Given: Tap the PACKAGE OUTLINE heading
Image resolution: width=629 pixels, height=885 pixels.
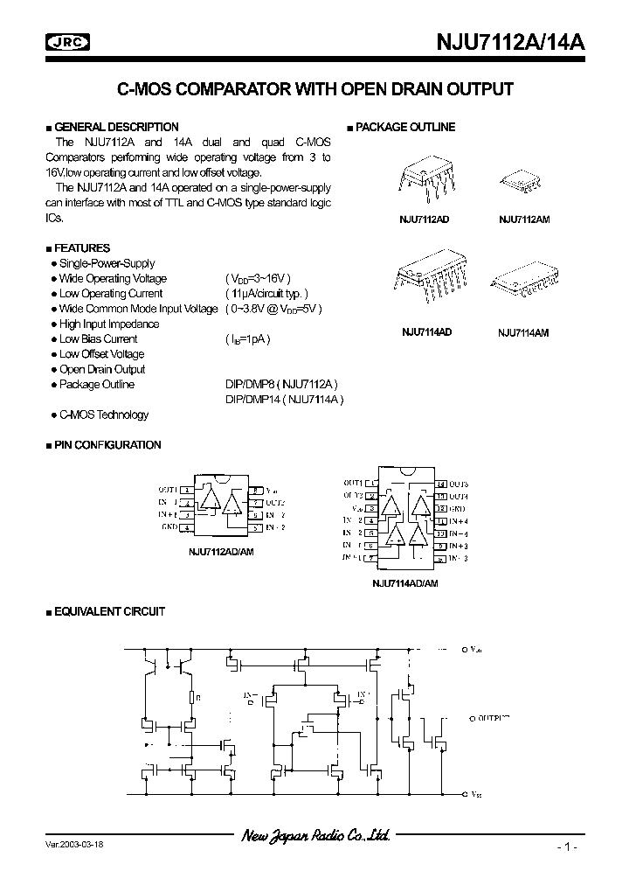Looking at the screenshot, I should [x=404, y=128].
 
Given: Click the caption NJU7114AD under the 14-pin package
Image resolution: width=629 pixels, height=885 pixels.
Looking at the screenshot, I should [x=426, y=332].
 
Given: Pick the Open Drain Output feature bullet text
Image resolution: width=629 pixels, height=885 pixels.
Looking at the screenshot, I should [x=102, y=369].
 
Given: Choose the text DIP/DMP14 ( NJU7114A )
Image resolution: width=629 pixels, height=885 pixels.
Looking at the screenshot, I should [x=285, y=400].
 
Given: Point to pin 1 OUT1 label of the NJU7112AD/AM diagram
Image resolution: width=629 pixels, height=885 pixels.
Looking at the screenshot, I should [x=168, y=491].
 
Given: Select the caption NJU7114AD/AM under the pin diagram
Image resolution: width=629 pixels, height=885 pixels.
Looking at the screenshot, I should [x=405, y=582].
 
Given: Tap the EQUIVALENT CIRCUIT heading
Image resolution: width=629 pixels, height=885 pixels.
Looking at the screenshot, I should [x=109, y=612].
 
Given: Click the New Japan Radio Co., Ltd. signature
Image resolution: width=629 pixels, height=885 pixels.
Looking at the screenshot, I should [x=315, y=836].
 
